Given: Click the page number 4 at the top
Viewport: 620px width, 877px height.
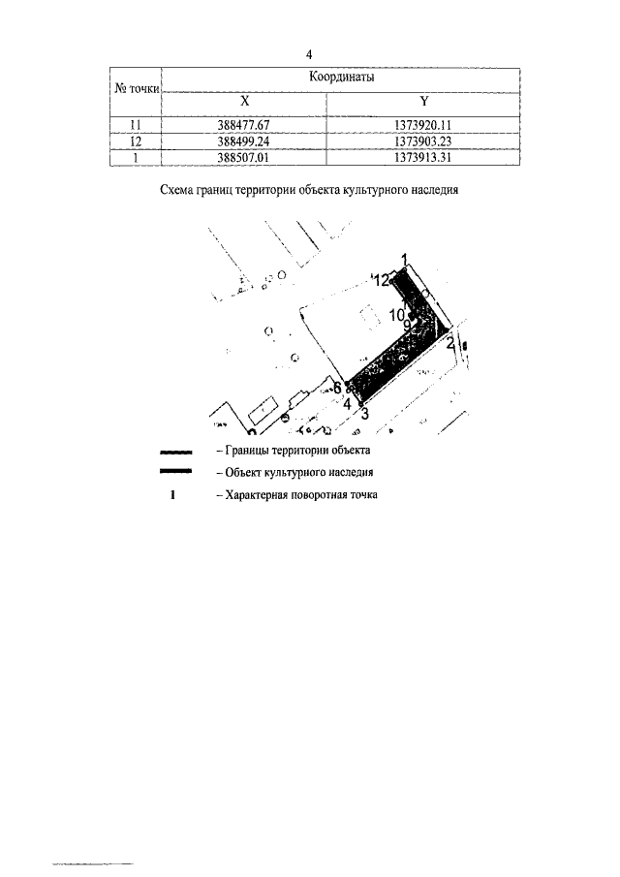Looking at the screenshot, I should pyautogui.click(x=308, y=53).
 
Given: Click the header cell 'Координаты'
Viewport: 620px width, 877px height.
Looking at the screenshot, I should pyautogui.click(x=341, y=76).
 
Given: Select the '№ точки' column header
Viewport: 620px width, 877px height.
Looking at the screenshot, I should pyautogui.click(x=137, y=87).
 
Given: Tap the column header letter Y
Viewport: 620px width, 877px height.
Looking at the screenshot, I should pyautogui.click(x=423, y=101).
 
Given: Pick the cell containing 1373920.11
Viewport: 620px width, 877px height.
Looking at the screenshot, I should pyautogui.click(x=424, y=124).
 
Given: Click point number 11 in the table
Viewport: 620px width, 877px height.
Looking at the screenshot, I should pyautogui.click(x=137, y=124).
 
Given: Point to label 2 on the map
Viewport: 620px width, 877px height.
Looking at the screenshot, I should pyautogui.click(x=450, y=342).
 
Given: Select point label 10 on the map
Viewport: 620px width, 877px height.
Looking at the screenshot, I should pyautogui.click(x=399, y=314).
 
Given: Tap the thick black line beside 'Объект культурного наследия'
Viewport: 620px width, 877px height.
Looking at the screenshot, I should pyautogui.click(x=176, y=472).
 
